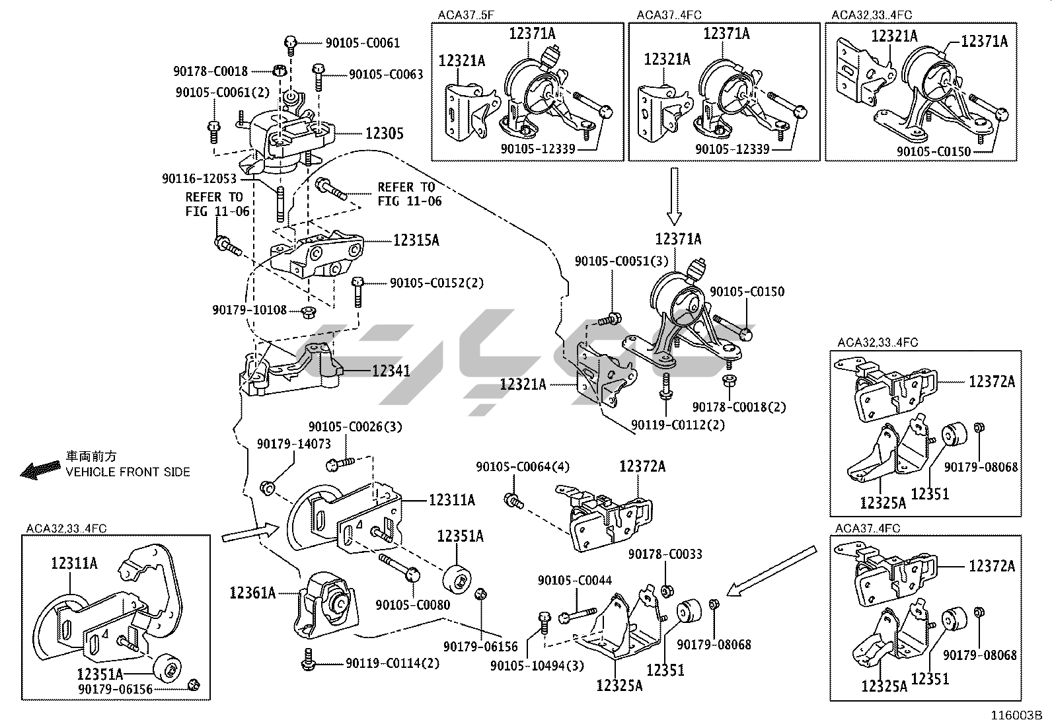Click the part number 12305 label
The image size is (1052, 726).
point(385,134)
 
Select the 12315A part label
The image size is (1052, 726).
point(416,240)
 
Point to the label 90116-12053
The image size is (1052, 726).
point(198,179)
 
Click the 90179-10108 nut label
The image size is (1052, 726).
point(249,310)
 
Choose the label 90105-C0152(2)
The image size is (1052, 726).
point(436,283)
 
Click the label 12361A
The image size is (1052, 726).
point(252,593)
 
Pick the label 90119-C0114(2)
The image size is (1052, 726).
point(392,663)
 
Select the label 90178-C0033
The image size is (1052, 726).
point(665,554)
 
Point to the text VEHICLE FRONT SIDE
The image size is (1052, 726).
point(128,472)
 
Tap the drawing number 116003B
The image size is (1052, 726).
point(1015,715)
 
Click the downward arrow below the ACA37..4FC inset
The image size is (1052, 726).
point(674,196)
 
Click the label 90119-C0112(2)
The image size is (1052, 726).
point(677,425)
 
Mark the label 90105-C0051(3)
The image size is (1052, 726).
point(622,262)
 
